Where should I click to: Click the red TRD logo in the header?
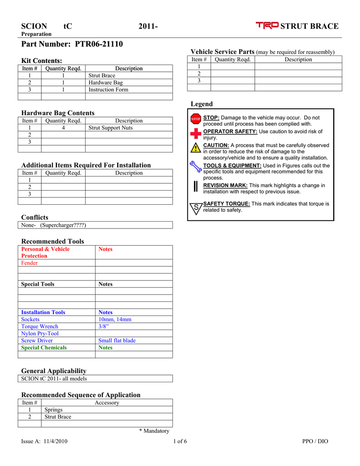[x=267, y=26]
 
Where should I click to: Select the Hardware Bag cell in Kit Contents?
[x=106, y=83]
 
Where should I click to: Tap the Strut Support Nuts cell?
[x=111, y=128]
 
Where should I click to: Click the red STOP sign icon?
[x=196, y=119]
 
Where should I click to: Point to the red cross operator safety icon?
[x=196, y=133]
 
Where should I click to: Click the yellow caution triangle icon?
[x=196, y=148]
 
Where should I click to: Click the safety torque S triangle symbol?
[x=196, y=208]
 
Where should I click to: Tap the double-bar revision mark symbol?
[x=195, y=187]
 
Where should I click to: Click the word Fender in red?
[x=30, y=263]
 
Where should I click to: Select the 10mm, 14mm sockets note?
[x=115, y=319]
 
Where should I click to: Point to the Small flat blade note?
[x=117, y=340]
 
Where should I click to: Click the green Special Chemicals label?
[x=44, y=348]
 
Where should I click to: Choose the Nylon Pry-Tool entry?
[x=40, y=334]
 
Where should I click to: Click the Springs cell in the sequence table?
[x=53, y=410]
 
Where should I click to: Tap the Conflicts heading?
[x=35, y=217]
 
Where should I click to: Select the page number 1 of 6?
[x=180, y=441]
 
